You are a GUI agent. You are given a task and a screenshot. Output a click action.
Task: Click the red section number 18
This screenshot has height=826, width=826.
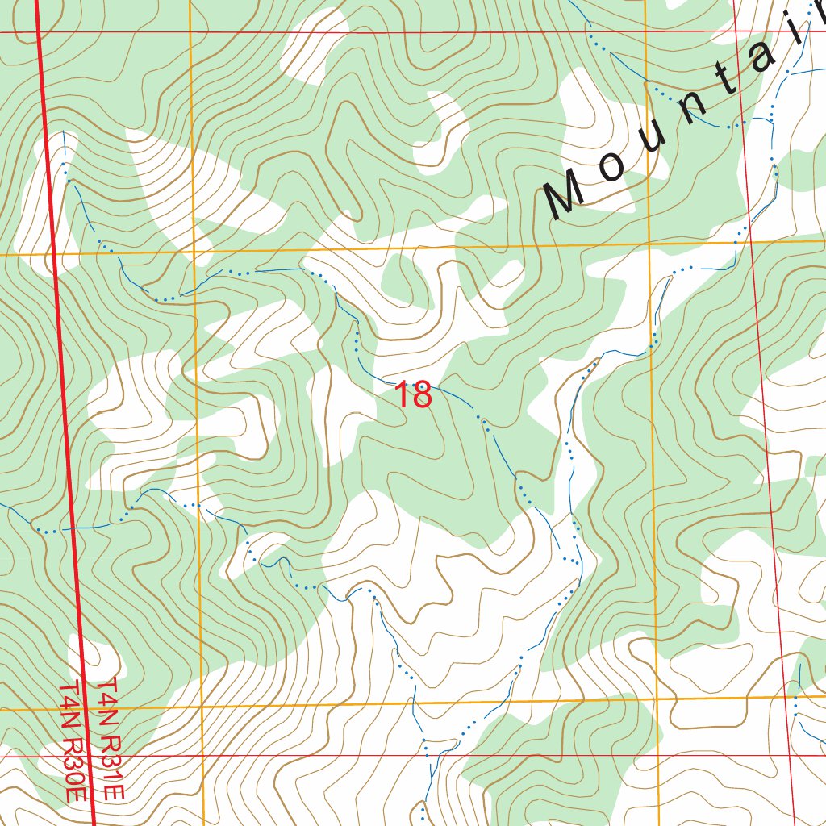tap(413, 396)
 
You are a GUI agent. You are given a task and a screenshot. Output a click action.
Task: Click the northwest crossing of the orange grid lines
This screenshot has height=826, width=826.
tap(194, 253)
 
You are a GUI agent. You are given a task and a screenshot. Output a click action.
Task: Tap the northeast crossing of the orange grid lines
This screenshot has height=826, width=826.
tap(649, 244)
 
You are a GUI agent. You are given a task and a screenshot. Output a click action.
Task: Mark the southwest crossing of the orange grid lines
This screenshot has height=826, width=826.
tap(202, 708)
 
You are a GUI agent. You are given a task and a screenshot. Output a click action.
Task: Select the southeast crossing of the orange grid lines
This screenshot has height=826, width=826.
tap(657, 699)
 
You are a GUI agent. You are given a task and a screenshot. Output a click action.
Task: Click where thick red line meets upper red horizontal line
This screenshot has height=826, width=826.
tap(40, 33)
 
